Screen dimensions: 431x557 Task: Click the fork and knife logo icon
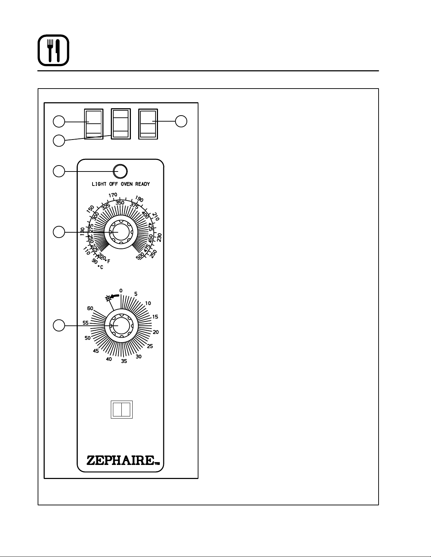[53, 50]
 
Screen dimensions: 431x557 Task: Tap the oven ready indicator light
[120, 171]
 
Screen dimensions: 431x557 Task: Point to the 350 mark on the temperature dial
[120, 202]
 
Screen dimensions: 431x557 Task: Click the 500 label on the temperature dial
[140, 255]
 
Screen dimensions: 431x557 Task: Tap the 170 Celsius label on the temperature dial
[113, 195]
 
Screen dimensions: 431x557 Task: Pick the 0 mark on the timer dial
[121, 291]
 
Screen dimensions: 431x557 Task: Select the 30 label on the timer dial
[139, 356]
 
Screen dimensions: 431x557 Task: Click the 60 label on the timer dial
[90, 308]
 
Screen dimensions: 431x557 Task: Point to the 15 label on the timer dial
[155, 317]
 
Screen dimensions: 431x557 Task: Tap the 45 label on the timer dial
[96, 351]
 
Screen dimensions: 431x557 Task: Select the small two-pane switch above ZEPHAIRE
[121, 409]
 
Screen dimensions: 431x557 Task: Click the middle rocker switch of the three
[121, 124]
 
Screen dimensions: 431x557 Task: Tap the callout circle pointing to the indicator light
[59, 171]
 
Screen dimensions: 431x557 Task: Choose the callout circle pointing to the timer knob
[59, 325]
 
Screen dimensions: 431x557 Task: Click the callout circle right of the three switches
[181, 121]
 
